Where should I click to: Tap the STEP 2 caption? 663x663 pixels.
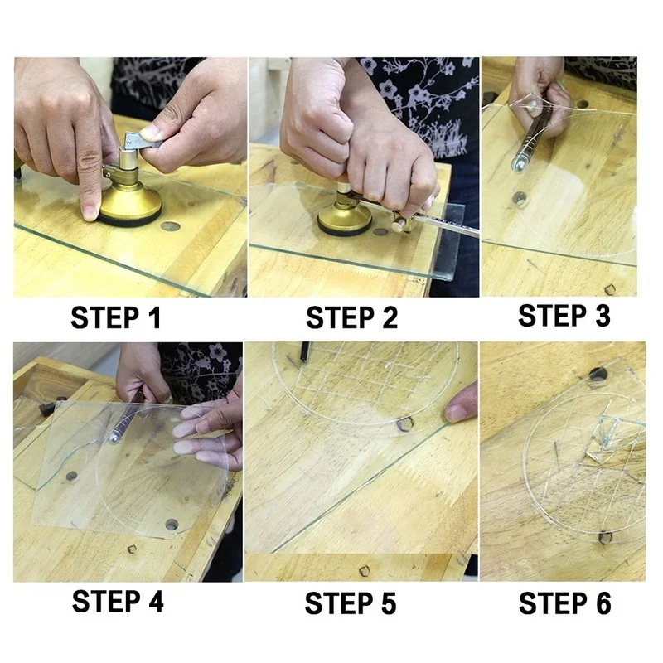point(351,317)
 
